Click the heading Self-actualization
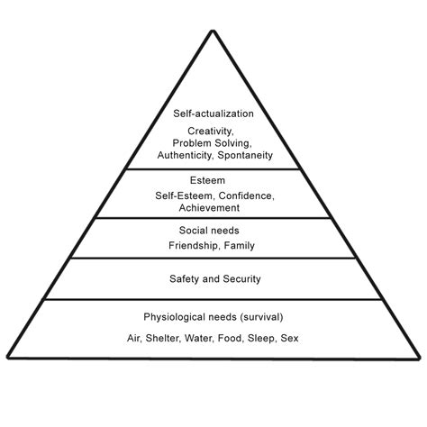click(x=213, y=114)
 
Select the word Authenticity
click(x=185, y=155)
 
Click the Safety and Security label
click(x=214, y=279)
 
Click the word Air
click(x=132, y=339)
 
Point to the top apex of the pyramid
click(x=213, y=30)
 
